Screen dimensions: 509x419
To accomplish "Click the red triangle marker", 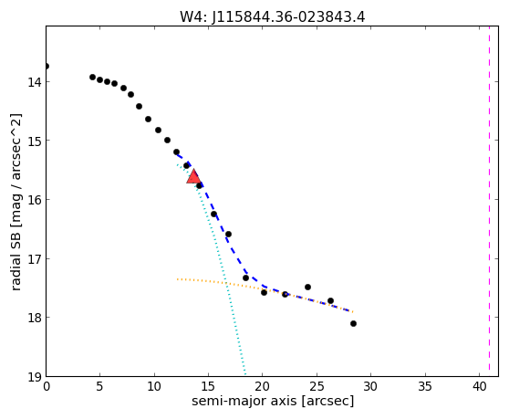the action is click(x=193, y=176).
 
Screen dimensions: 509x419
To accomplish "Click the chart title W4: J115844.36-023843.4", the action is click(x=273, y=16).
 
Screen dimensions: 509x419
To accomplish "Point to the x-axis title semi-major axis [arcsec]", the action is click(x=273, y=401).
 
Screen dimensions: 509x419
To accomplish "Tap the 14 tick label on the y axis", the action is click(x=35, y=82).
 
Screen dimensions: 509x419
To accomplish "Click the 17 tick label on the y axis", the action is click(x=35, y=259).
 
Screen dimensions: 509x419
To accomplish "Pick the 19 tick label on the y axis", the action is click(x=35, y=377).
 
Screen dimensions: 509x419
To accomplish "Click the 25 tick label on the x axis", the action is click(x=317, y=386).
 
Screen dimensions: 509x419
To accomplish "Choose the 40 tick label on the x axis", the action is click(x=479, y=386).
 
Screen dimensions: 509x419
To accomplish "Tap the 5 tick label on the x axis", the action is click(x=100, y=386).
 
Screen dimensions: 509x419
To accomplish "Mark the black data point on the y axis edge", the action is click(x=47, y=67).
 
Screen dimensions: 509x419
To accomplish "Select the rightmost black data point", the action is click(x=353, y=323).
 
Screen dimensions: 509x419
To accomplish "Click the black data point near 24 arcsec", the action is click(x=307, y=288).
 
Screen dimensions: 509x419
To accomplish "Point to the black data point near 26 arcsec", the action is click(x=330, y=300).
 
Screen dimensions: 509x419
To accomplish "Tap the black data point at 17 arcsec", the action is click(x=228, y=235).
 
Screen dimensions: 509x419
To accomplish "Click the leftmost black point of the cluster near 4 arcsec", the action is click(x=92, y=77).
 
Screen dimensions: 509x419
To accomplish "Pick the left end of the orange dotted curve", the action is click(x=177, y=279).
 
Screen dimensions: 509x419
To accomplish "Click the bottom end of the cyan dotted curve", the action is click(x=245, y=374).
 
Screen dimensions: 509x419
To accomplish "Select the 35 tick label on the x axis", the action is click(x=424, y=386).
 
